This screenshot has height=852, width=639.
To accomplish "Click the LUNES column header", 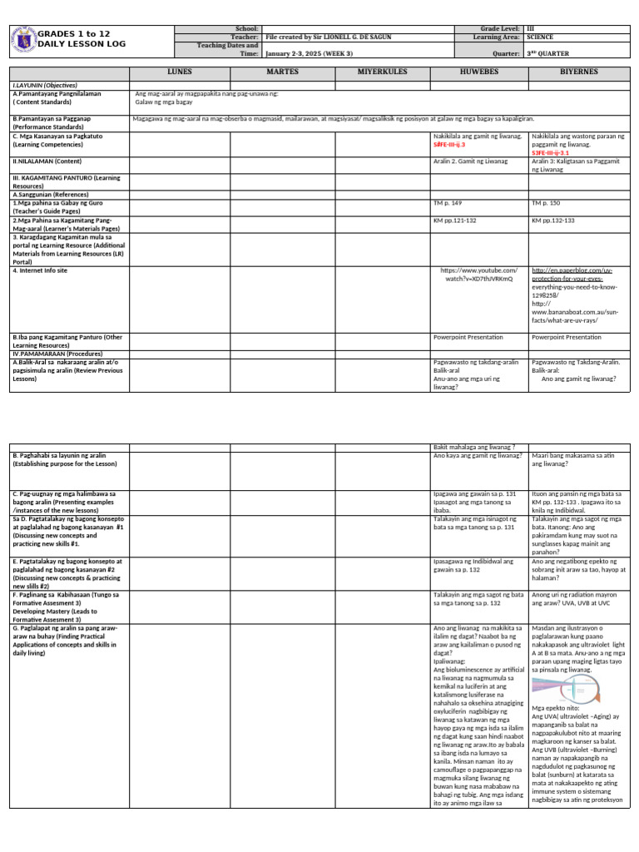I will [x=179, y=72].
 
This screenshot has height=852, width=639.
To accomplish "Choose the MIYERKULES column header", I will [x=382, y=72].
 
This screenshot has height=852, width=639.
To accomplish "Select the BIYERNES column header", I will [x=579, y=72].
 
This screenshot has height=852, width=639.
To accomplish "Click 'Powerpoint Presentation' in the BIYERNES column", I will [x=567, y=337].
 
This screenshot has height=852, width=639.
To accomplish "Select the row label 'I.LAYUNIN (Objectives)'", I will [x=41, y=86].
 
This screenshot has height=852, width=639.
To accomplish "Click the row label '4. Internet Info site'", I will [x=40, y=270].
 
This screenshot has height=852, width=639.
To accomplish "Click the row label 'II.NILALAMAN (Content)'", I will [x=47, y=161].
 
